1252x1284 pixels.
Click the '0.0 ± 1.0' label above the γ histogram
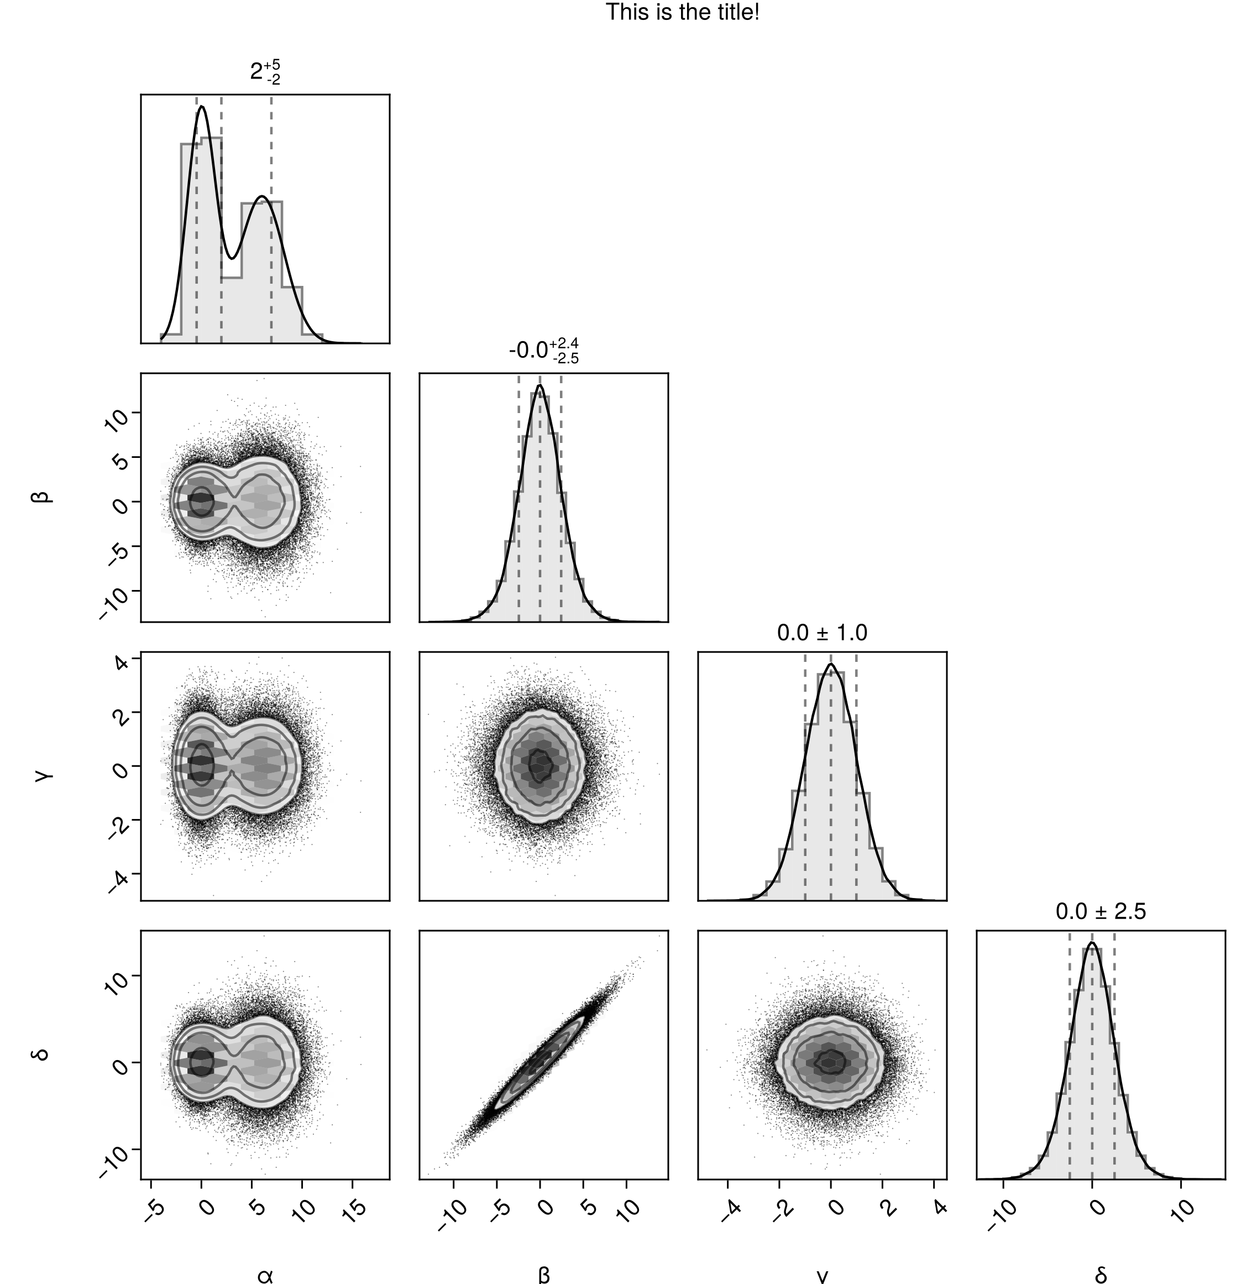822,633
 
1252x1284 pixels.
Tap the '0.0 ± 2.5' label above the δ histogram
1101,911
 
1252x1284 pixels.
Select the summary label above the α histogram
266,72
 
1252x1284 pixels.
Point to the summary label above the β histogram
544,351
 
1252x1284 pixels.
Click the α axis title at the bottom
265,1274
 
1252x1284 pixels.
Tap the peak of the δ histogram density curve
1092,943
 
